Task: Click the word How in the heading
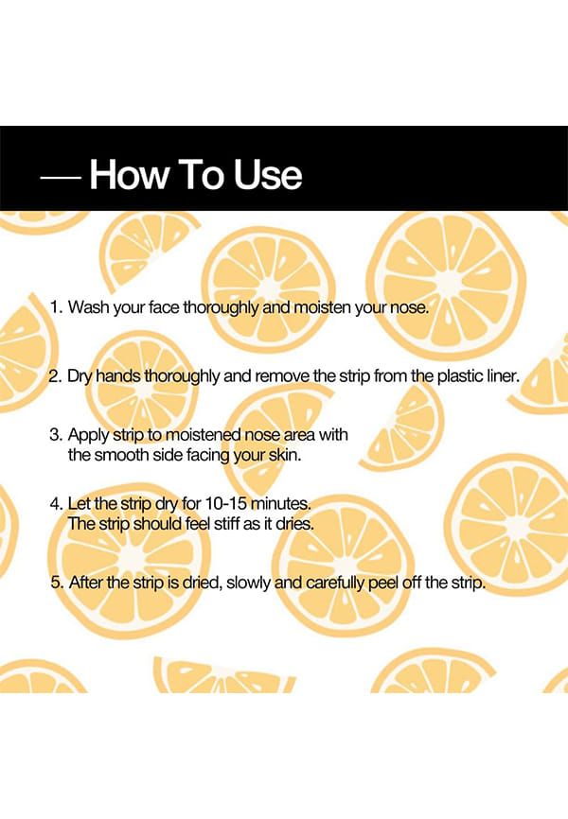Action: pyautogui.click(x=129, y=174)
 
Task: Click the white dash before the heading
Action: pyautogui.click(x=61, y=178)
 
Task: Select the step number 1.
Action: pyautogui.click(x=57, y=306)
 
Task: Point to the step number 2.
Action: pyautogui.click(x=56, y=376)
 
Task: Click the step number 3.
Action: pyautogui.click(x=56, y=435)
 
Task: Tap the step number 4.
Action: pyautogui.click(x=57, y=503)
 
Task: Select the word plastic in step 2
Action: pyautogui.click(x=453, y=376)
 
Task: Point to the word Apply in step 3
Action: pyautogui.click(x=88, y=436)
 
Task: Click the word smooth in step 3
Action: pyautogui.click(x=121, y=455)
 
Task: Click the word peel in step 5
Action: pyautogui.click(x=383, y=583)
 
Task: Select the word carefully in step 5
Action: pyautogui.click(x=335, y=583)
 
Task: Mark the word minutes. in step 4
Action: pyautogui.click(x=281, y=503)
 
